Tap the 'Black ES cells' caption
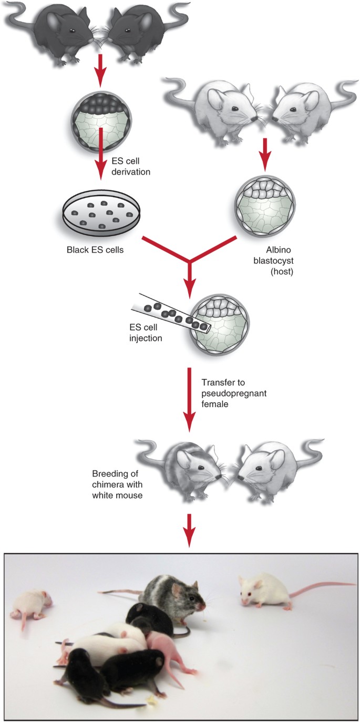[x=96, y=250]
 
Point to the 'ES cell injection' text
[x=146, y=333]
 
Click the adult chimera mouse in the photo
[x=171, y=596]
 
